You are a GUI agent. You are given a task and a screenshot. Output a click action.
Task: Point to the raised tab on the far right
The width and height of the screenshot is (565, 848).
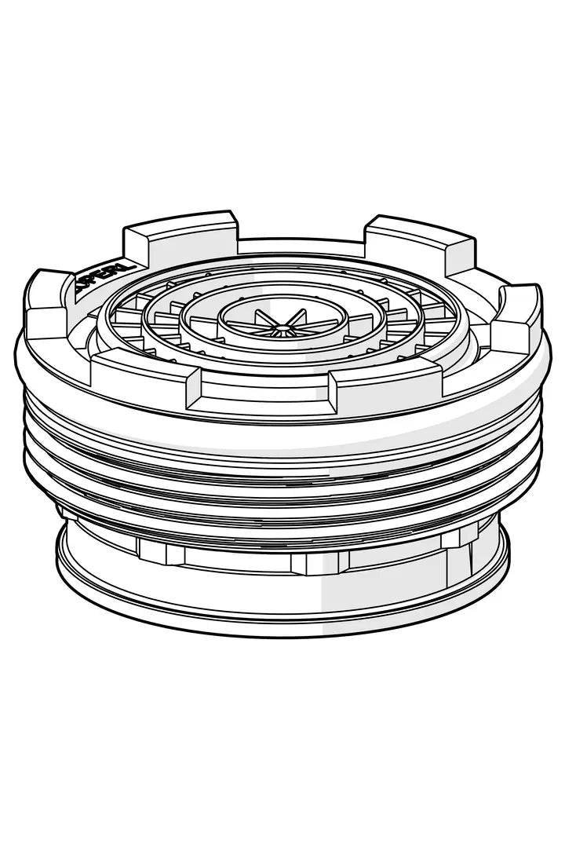pos(518,314)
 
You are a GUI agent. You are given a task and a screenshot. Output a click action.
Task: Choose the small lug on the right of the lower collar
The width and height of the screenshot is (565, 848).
pos(458,537)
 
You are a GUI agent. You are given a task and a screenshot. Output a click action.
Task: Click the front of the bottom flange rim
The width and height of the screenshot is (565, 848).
pos(282,620)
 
